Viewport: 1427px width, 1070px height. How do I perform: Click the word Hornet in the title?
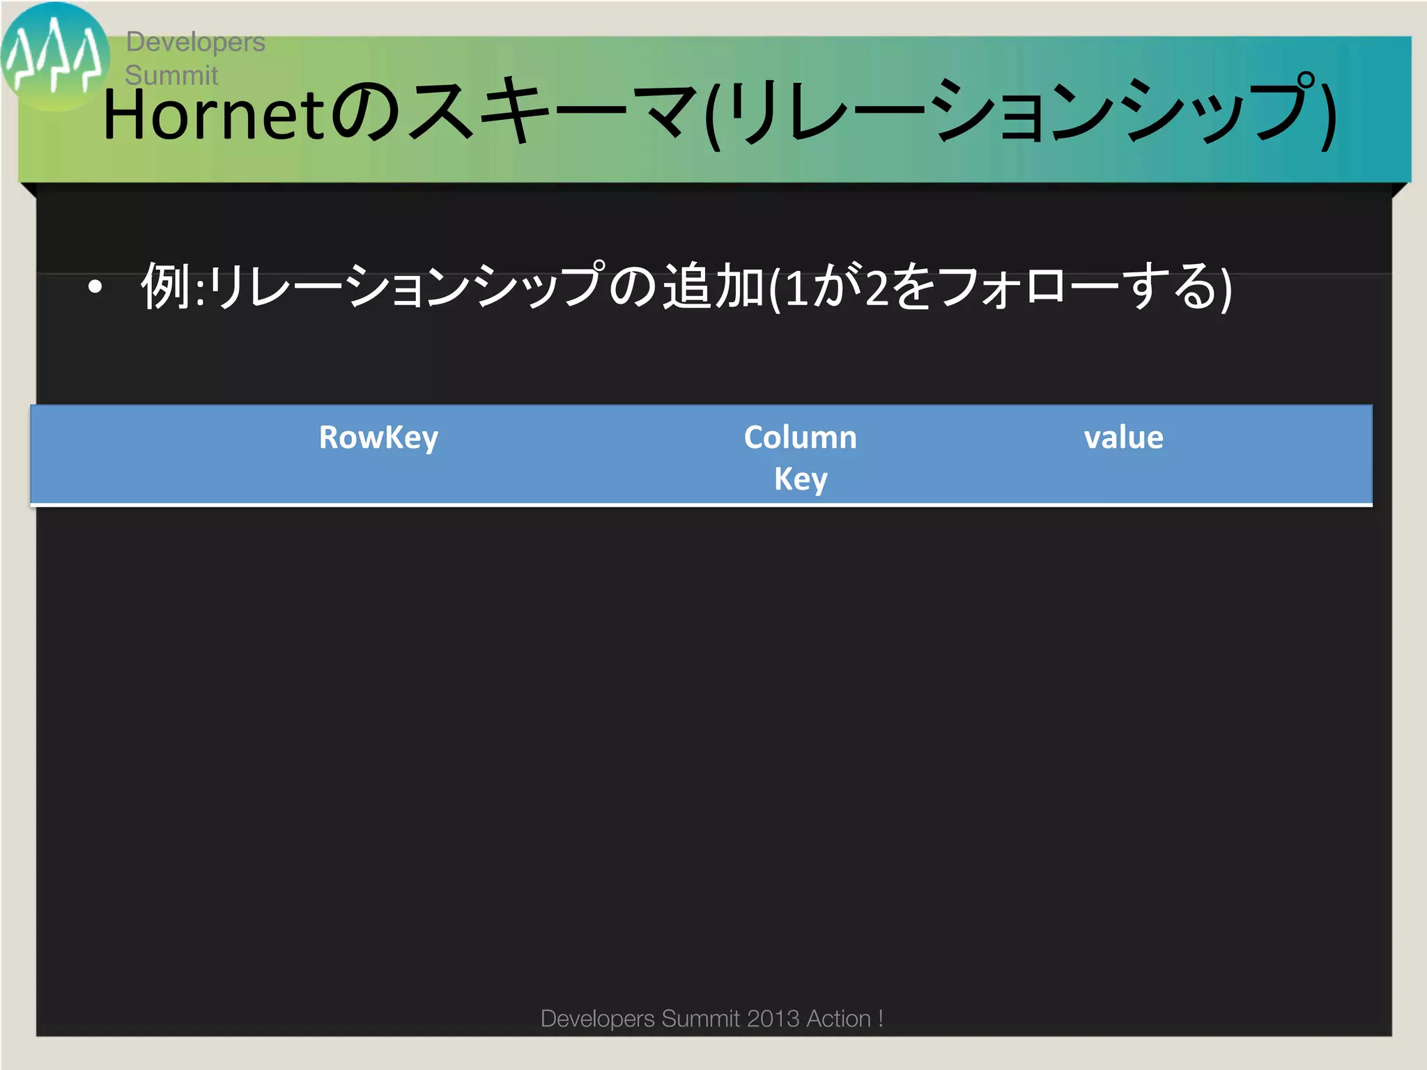(213, 115)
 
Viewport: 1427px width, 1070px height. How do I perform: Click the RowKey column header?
(378, 437)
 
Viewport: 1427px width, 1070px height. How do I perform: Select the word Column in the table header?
(800, 437)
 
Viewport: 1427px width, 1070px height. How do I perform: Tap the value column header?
(1123, 437)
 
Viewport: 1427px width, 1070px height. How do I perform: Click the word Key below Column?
(801, 479)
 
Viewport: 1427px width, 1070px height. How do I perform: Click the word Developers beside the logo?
(195, 42)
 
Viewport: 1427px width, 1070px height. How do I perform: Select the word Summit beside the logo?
(171, 75)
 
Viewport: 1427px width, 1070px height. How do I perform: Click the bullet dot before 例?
(95, 287)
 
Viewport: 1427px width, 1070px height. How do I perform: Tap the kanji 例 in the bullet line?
(166, 286)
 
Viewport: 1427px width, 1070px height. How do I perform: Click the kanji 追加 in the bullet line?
(713, 286)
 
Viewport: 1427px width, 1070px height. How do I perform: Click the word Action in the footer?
(838, 1018)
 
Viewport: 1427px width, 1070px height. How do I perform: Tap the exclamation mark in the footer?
(881, 1018)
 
